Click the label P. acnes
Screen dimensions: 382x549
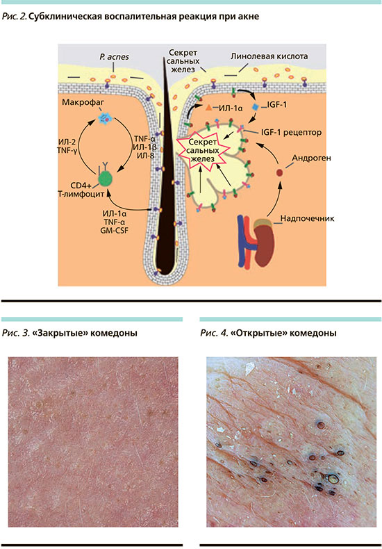114,57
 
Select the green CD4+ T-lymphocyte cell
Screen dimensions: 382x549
106,179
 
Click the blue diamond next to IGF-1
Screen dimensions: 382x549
256,106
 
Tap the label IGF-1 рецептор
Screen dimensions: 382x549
291,132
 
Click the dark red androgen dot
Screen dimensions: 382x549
279,172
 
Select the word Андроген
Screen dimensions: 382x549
311,158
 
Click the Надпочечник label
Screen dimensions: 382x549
307,218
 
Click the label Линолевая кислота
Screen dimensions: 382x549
269,56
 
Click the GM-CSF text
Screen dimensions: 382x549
115,231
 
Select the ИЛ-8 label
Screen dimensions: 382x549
146,156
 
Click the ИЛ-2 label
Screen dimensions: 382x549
67,142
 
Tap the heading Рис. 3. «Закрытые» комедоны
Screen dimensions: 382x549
69,333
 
